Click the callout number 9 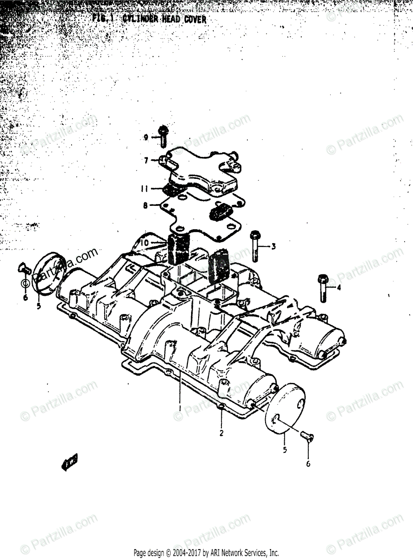146,137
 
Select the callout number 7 146,160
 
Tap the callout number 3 273,246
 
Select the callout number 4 339,287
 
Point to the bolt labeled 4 322,288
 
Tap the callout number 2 221,433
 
